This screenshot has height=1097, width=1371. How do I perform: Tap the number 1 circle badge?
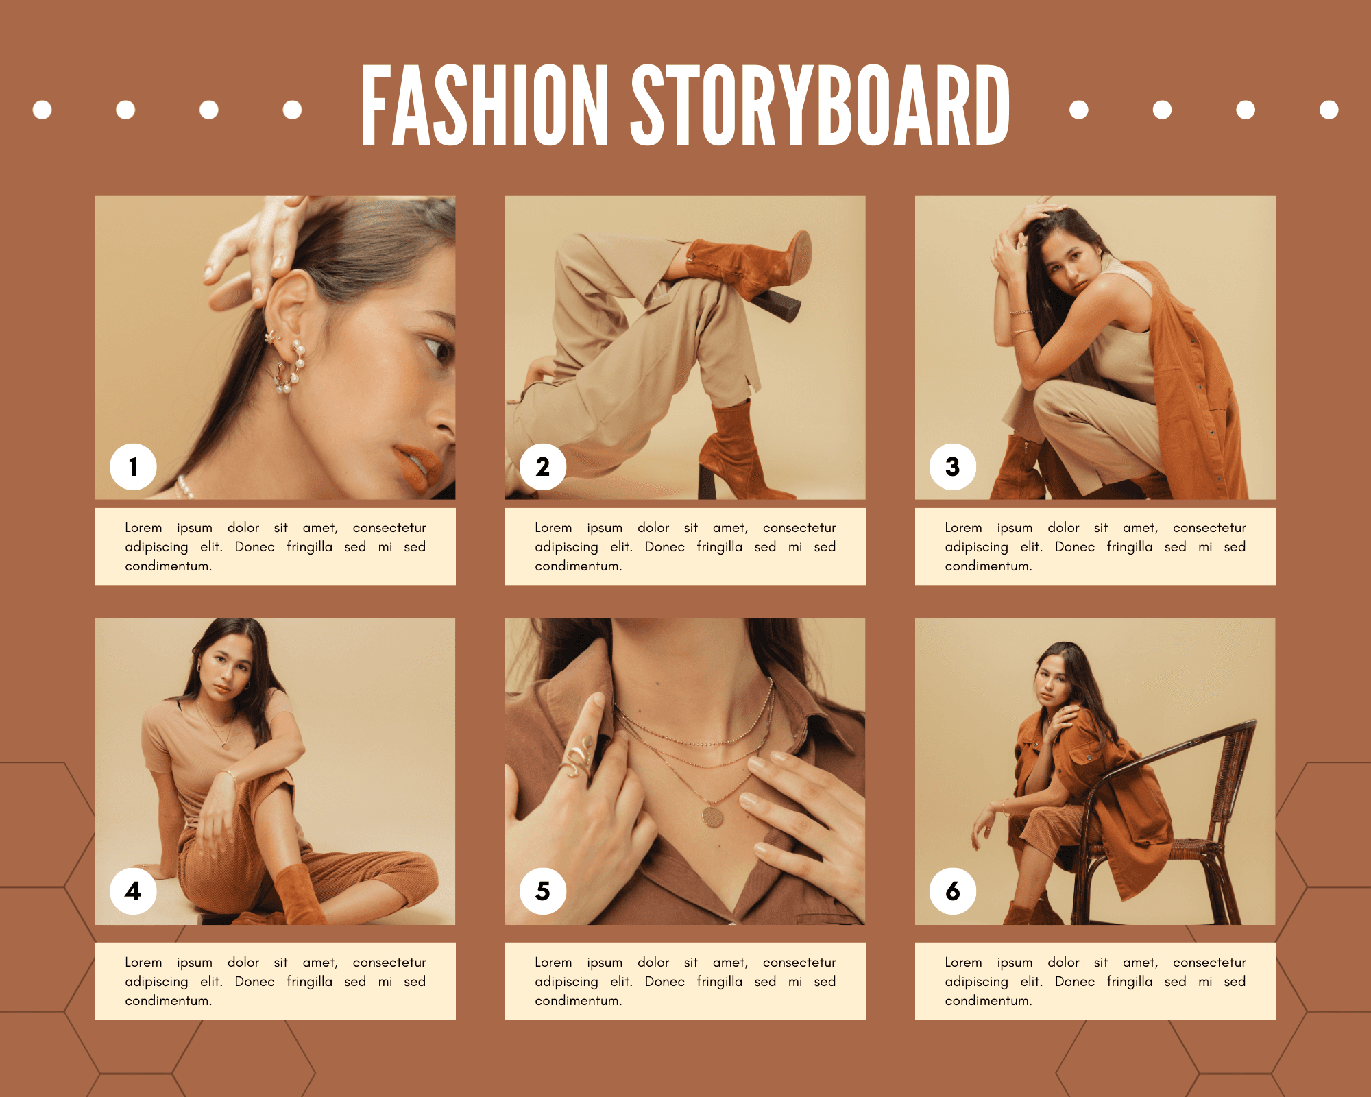pyautogui.click(x=133, y=467)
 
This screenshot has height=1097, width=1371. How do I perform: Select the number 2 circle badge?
pyautogui.click(x=543, y=467)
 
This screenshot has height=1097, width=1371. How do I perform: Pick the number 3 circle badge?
pyautogui.click(x=953, y=467)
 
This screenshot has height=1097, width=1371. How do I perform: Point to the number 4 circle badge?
pyautogui.click(x=133, y=891)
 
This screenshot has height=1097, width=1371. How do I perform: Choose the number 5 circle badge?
pyautogui.click(x=543, y=891)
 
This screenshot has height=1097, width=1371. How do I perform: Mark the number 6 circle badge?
pyautogui.click(x=953, y=891)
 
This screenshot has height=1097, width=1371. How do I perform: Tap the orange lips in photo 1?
pyautogui.click(x=418, y=466)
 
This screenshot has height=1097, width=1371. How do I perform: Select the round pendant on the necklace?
pyautogui.click(x=713, y=816)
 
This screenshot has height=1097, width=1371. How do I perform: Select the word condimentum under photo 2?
pyautogui.click(x=579, y=566)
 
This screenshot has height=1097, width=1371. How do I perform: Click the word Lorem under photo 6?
pyautogui.click(x=964, y=963)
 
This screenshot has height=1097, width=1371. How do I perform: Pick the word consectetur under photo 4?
pyautogui.click(x=389, y=963)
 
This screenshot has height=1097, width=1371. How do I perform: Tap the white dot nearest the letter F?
pyautogui.click(x=293, y=110)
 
